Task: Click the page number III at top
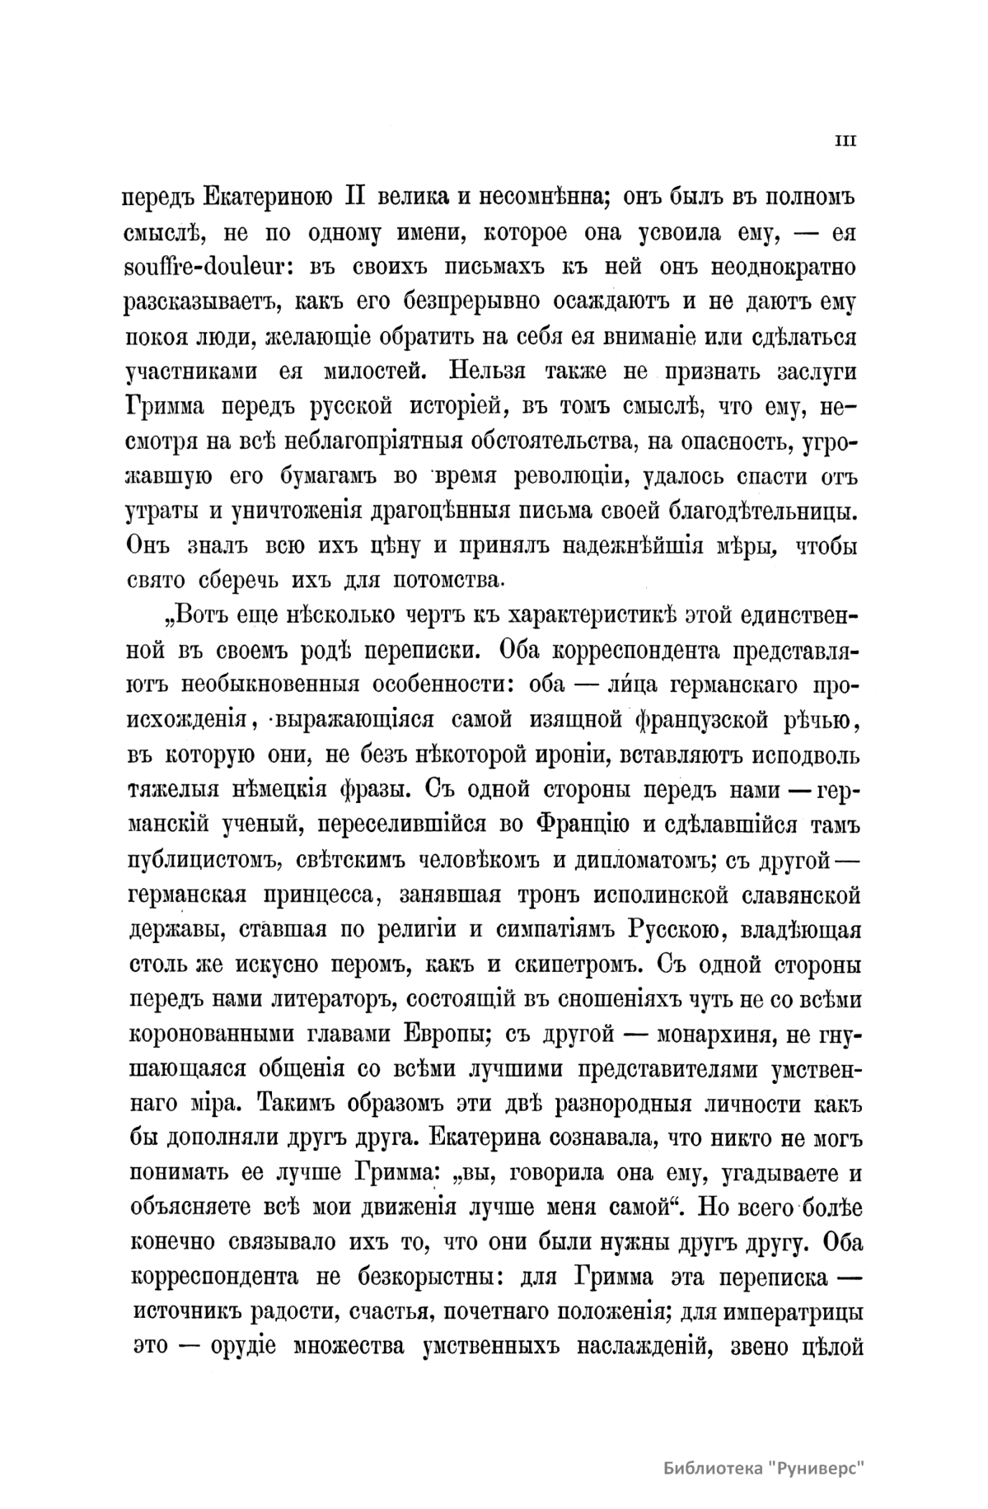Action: pos(845,141)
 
